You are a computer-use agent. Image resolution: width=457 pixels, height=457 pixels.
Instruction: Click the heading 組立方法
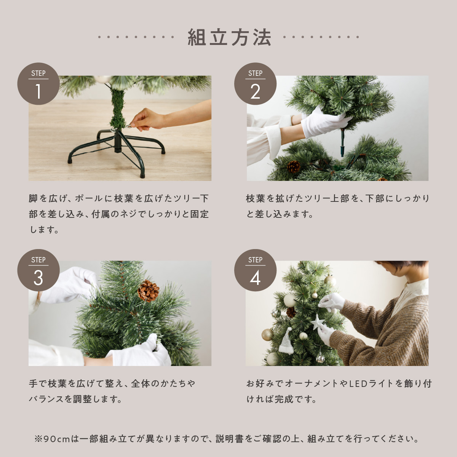point(229,37)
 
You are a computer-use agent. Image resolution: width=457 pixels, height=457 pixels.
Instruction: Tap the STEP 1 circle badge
point(38,83)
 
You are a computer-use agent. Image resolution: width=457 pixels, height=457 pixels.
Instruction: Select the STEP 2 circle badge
point(255,83)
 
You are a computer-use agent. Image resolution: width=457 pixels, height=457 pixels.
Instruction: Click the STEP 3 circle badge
point(38,270)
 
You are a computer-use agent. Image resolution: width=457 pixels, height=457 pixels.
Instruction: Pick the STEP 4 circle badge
point(255,270)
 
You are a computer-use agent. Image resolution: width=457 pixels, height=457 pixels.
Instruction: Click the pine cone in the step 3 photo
point(148,291)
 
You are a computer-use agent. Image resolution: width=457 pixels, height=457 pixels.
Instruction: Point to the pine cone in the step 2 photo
point(294,167)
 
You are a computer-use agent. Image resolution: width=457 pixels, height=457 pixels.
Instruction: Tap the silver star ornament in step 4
point(317,322)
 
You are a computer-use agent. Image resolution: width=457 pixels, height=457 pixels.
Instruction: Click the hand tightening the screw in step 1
point(145,119)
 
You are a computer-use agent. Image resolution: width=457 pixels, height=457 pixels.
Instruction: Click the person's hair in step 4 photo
point(403,265)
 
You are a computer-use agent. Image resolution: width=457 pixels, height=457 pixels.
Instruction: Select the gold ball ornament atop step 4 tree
point(330,280)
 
